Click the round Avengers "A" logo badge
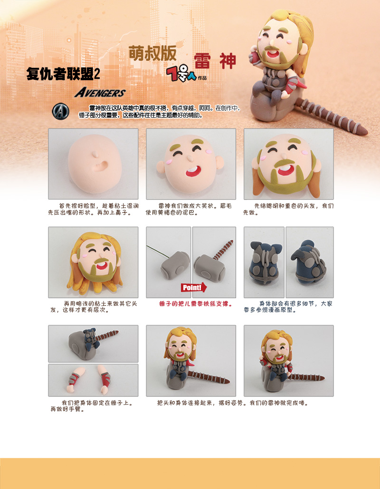pos(60,112)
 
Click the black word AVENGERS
pos(100,93)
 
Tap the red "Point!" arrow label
pos(193,287)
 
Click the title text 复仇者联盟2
pos(63,74)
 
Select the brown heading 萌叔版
pos(152,54)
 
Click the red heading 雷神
pos(215,61)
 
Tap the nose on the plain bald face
pos(96,154)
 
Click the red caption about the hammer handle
pos(196,304)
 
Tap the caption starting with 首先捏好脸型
pos(93,209)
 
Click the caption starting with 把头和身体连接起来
pos(233,403)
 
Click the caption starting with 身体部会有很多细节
pos(288,307)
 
